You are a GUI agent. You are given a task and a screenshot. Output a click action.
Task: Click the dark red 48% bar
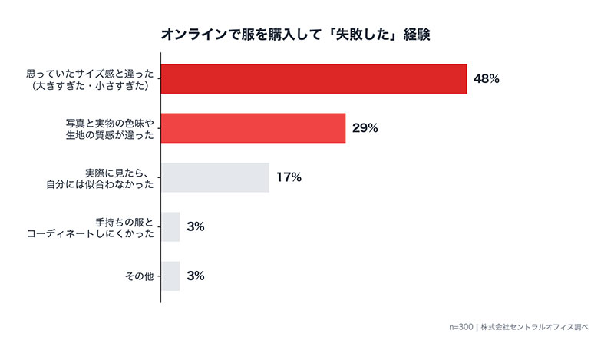coord(314,78)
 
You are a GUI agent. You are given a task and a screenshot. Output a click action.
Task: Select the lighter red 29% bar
coord(253,128)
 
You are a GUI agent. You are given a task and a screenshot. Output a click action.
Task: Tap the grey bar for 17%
coord(215,177)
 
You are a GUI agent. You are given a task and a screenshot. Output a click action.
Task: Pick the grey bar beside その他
coord(170,276)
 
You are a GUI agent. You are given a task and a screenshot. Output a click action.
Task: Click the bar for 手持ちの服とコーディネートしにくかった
coord(170,226)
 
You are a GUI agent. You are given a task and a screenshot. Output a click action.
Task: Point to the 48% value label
coord(487,79)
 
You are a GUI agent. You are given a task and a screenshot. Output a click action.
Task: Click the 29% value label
coord(365,128)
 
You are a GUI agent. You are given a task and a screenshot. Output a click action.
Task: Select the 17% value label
coord(289,177)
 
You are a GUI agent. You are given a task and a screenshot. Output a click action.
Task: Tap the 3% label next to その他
coord(195,276)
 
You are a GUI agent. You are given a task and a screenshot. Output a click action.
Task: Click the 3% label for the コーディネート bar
coord(195,226)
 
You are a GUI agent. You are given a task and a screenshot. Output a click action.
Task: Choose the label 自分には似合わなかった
coord(101,184)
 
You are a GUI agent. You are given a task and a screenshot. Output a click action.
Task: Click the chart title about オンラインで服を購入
coord(306,35)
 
